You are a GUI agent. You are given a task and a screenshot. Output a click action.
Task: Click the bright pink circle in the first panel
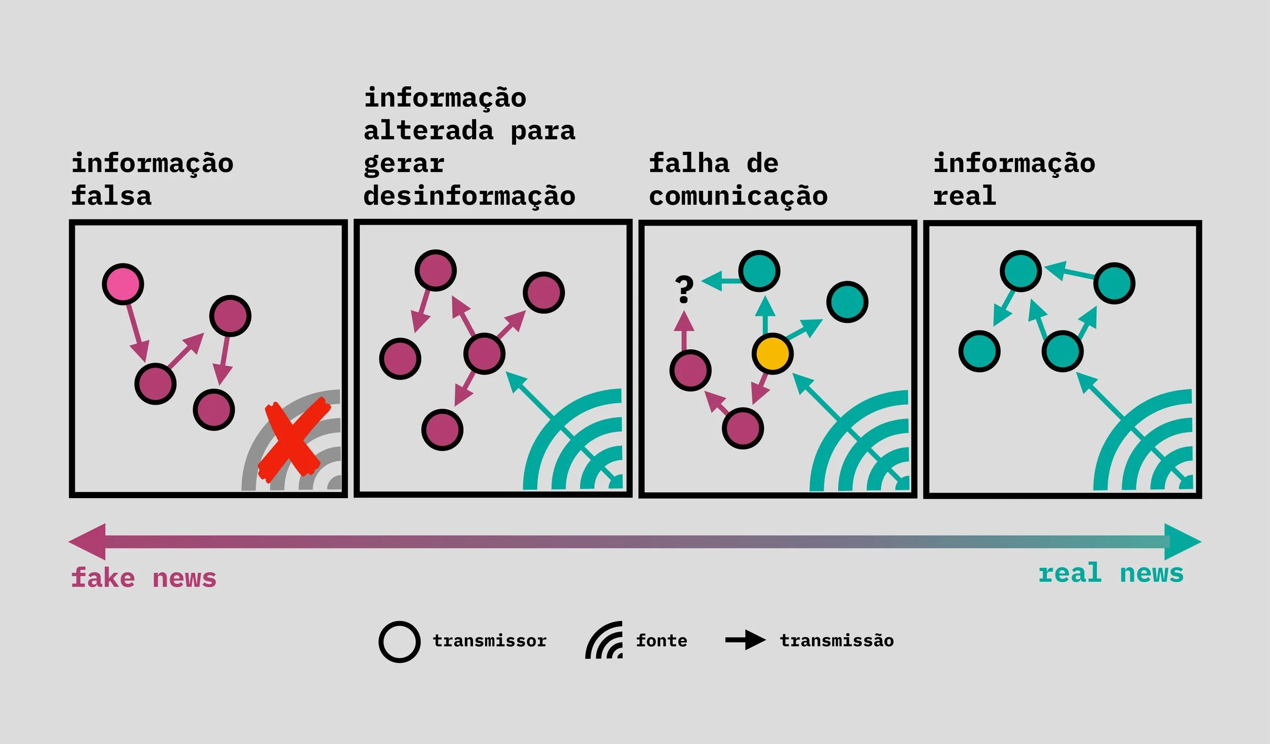123,284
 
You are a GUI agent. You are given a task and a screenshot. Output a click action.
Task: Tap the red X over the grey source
293,440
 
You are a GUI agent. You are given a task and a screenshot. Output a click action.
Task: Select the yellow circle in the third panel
772,353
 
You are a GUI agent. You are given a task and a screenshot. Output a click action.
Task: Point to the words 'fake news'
144,578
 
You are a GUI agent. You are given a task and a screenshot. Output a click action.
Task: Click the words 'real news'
1110,573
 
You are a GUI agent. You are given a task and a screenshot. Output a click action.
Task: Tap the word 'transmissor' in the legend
489,641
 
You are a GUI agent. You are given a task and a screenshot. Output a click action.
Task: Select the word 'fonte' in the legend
661,641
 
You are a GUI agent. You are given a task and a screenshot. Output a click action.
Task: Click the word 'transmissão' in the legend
837,641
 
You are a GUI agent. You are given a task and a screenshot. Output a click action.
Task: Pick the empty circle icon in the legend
399,642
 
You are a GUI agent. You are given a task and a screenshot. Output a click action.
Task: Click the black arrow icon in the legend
745,640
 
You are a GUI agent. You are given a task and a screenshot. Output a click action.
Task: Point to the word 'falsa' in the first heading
111,196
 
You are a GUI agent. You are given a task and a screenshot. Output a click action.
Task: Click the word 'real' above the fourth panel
964,196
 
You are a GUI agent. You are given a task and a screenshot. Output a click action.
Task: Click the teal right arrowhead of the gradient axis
1182,542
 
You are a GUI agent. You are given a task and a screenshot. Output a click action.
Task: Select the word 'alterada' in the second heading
428,131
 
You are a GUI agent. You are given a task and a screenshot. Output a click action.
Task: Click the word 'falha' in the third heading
689,164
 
